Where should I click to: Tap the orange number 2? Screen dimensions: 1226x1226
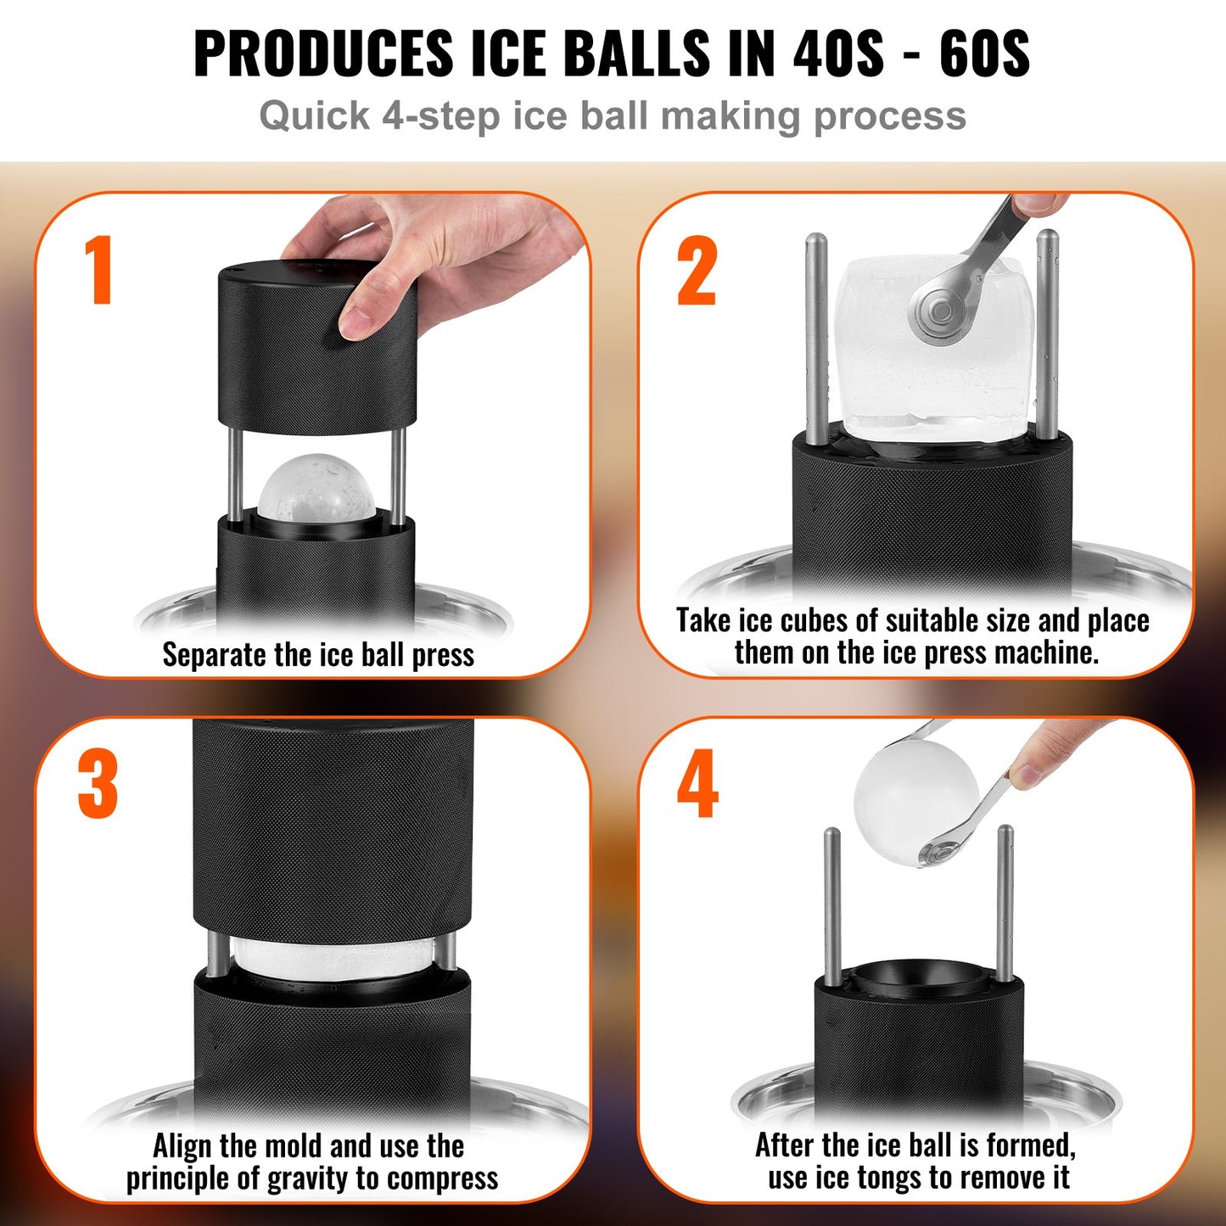point(697,271)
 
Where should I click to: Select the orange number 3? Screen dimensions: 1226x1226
point(98,784)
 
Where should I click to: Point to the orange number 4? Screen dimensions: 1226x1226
point(697,784)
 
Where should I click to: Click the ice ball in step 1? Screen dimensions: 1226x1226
point(314,488)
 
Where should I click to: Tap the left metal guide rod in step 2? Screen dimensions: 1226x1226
point(816,339)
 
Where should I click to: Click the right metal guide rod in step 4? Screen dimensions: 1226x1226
point(1005,904)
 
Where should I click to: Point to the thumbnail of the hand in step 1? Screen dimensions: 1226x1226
point(355,322)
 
